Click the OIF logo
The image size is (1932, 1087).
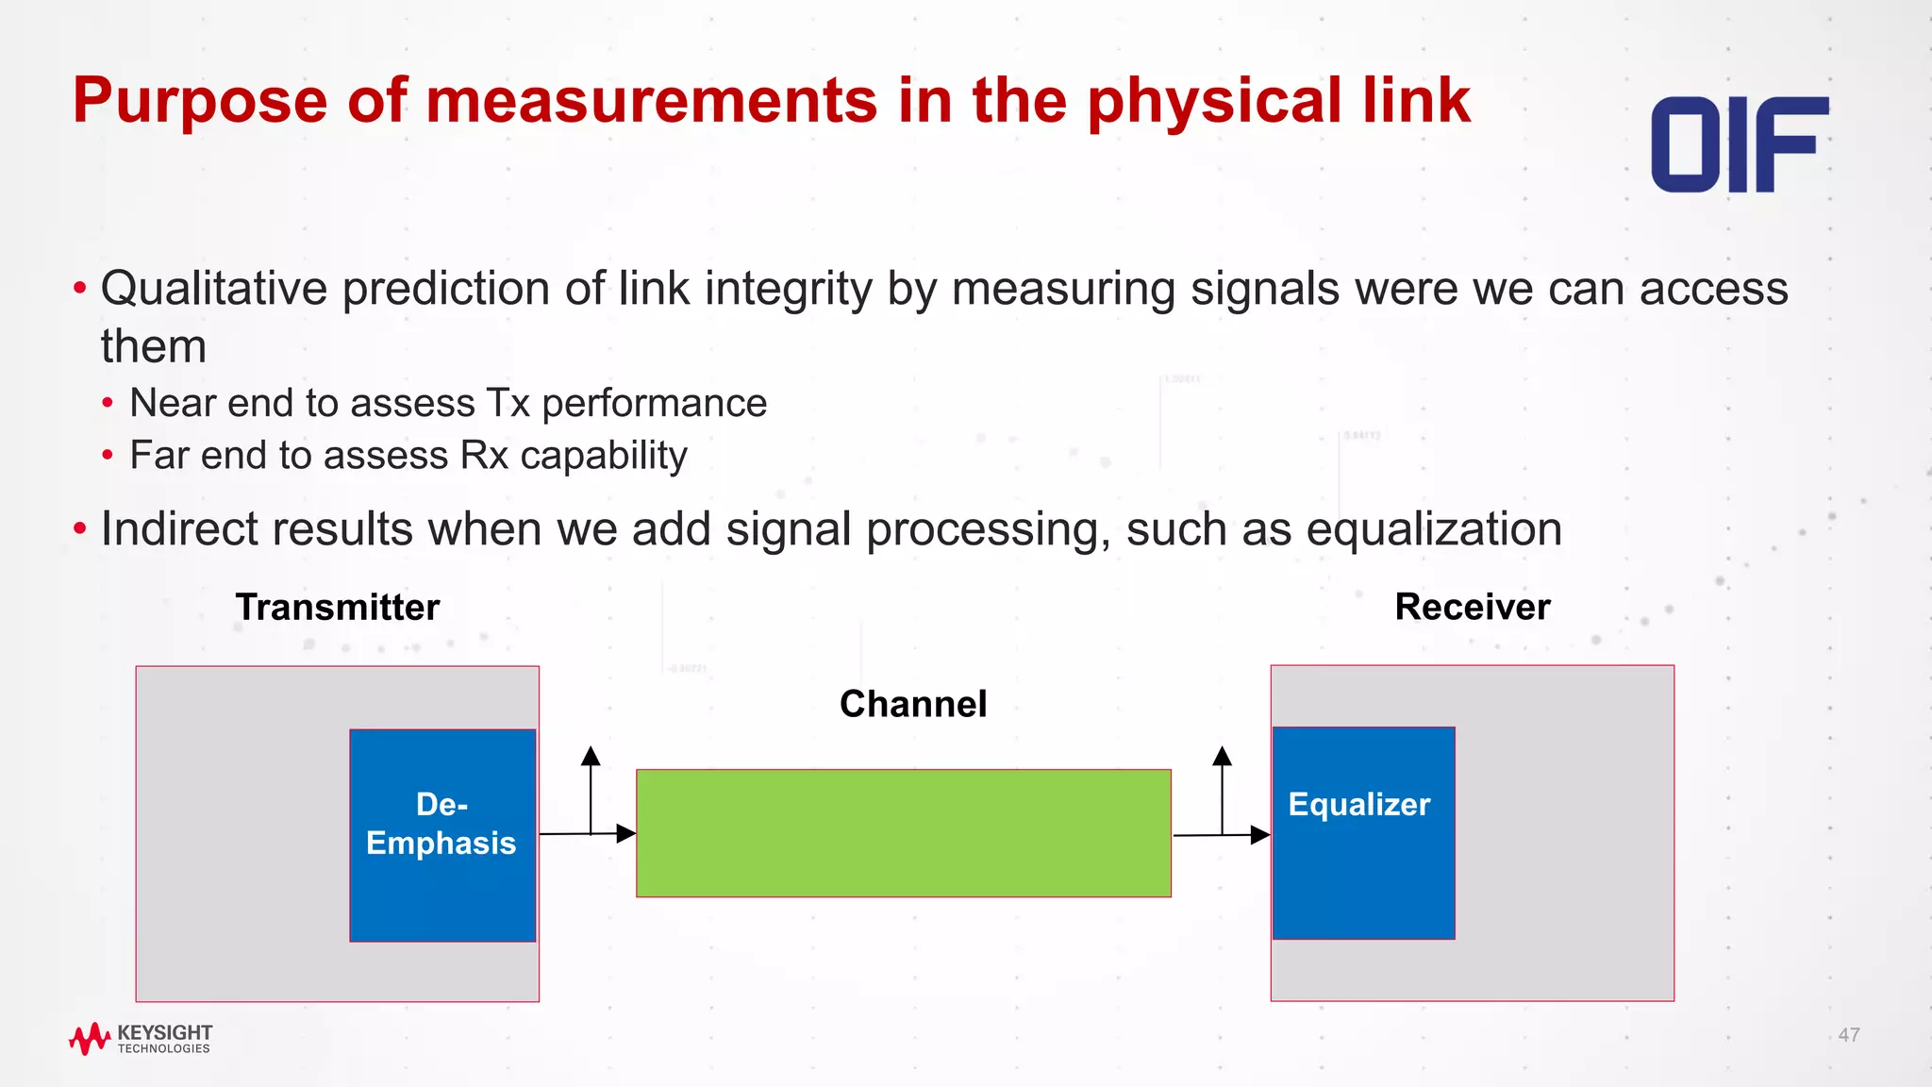point(1739,144)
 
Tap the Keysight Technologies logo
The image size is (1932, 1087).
point(141,1038)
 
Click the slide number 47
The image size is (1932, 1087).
point(1848,1035)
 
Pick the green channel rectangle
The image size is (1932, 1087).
point(903,833)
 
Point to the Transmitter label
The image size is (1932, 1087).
point(337,607)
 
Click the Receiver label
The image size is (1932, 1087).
point(1472,607)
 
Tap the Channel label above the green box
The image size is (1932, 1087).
point(912,704)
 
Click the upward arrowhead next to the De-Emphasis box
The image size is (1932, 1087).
point(591,756)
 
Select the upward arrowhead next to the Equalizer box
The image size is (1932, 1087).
point(1222,756)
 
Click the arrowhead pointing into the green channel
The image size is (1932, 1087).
point(625,833)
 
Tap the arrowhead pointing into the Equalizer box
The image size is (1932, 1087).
point(1259,834)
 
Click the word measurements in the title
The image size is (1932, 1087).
point(652,100)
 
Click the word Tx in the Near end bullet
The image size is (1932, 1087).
point(508,403)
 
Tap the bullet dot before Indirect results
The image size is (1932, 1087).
point(80,528)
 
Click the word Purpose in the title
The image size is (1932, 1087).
point(200,100)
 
